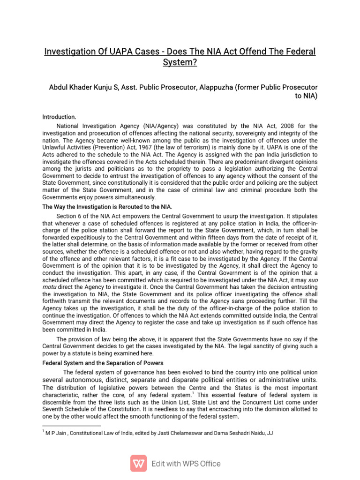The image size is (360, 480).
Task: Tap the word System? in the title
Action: click(180, 62)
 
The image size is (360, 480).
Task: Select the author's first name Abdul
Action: click(60, 88)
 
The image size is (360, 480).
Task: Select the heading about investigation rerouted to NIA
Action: click(114, 207)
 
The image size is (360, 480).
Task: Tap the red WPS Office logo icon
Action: click(138, 463)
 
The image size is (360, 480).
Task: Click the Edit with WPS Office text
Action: click(186, 464)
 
